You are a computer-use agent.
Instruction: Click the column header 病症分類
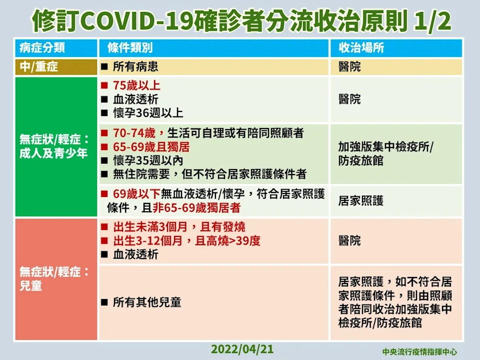(42, 48)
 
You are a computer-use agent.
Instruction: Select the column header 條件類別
(130, 48)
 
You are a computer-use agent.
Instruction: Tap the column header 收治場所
(361, 48)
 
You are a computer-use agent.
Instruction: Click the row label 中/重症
(38, 66)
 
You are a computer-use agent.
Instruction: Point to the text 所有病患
(135, 66)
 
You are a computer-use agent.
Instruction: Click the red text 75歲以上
(136, 85)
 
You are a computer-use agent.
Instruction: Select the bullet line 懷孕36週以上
(148, 113)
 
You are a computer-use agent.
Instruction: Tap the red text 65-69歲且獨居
(151, 147)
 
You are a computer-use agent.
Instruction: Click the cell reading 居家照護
(361, 201)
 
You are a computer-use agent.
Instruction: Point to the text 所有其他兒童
(147, 302)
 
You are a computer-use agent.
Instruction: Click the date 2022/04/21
(242, 349)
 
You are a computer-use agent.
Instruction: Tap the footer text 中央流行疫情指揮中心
(419, 351)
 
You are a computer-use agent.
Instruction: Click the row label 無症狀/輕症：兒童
(54, 278)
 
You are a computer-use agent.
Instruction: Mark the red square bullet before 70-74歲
(104, 133)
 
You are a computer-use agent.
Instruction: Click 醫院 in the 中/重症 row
(349, 66)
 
